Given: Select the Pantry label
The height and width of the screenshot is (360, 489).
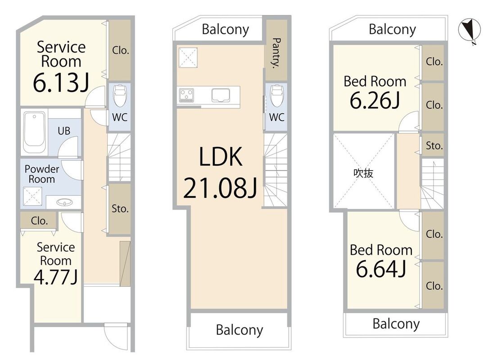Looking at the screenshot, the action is (x=276, y=53).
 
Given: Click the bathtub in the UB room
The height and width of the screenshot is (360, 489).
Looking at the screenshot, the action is (x=34, y=133).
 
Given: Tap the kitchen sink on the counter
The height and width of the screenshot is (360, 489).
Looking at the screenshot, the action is (x=221, y=95).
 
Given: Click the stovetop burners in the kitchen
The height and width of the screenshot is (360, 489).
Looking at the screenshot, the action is (x=186, y=95).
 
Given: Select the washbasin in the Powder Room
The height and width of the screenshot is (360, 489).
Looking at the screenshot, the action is (x=64, y=202).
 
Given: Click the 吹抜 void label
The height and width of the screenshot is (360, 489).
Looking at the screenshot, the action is (x=363, y=173).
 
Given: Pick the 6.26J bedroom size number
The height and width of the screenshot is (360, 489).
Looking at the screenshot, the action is (x=375, y=100).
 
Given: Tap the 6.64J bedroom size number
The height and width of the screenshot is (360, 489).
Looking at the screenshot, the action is (x=381, y=269).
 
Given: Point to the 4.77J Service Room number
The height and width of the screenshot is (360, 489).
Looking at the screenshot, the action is (x=55, y=277).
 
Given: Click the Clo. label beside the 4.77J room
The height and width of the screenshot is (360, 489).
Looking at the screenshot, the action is (x=39, y=221).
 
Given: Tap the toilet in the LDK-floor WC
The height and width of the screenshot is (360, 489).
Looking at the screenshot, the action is (x=276, y=95).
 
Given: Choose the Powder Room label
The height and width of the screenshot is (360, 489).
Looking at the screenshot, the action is (x=41, y=174).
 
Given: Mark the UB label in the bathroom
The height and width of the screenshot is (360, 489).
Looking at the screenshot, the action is (x=64, y=131).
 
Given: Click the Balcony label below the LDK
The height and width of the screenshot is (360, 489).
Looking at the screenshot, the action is (x=240, y=330).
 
